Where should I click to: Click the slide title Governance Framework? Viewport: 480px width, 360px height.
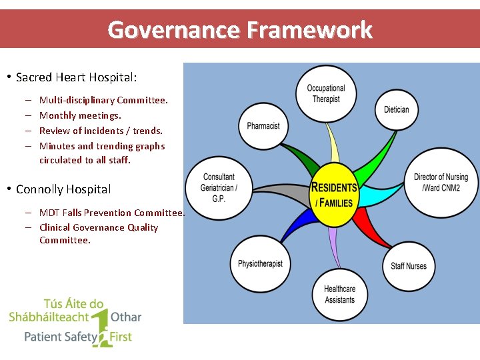(240, 30)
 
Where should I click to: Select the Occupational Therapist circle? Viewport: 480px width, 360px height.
(326, 94)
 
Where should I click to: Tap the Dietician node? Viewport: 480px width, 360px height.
(397, 109)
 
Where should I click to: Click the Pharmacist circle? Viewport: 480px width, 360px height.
(263, 125)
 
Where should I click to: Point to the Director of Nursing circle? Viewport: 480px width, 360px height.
(441, 183)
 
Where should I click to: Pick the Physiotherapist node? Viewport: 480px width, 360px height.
(260, 264)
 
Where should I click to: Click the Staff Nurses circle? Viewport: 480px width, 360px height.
(409, 266)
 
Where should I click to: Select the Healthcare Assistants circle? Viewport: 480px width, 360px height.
(339, 295)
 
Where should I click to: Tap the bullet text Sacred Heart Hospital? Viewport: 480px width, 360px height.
(76, 77)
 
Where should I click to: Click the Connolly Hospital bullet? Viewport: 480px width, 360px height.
(63, 189)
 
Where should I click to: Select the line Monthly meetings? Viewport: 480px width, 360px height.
(80, 115)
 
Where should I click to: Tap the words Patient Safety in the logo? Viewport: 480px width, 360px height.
(61, 337)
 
